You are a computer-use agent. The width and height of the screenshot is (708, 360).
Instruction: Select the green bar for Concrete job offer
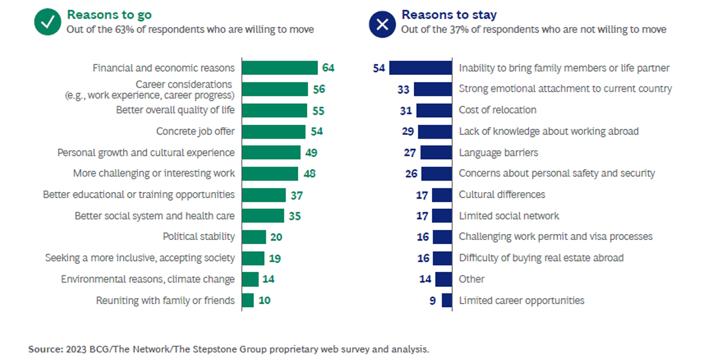pos(274,131)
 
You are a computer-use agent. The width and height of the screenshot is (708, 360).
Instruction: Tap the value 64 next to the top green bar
pos(328,68)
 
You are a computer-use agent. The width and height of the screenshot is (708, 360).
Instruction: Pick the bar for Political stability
pos(254,237)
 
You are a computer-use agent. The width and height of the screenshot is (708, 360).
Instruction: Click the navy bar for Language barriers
pos(436,152)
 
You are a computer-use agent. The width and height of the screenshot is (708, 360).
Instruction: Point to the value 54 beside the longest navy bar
pos(379,68)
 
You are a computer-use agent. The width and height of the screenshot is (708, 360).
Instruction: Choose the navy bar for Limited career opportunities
pos(447,301)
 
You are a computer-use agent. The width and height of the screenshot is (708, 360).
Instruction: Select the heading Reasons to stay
pos(440,14)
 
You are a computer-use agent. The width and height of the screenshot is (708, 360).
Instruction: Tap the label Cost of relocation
pos(497,110)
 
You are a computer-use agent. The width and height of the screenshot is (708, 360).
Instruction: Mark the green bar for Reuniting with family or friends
pos(248,301)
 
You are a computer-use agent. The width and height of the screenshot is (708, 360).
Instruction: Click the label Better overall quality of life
pos(175,110)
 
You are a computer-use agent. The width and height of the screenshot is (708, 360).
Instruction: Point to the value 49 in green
pos(311,152)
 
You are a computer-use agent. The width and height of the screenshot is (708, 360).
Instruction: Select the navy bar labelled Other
pos(444,279)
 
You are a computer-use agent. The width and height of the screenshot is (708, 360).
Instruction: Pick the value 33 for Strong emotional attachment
pos(403,89)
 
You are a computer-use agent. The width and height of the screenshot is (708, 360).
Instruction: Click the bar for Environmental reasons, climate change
pos(250,279)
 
